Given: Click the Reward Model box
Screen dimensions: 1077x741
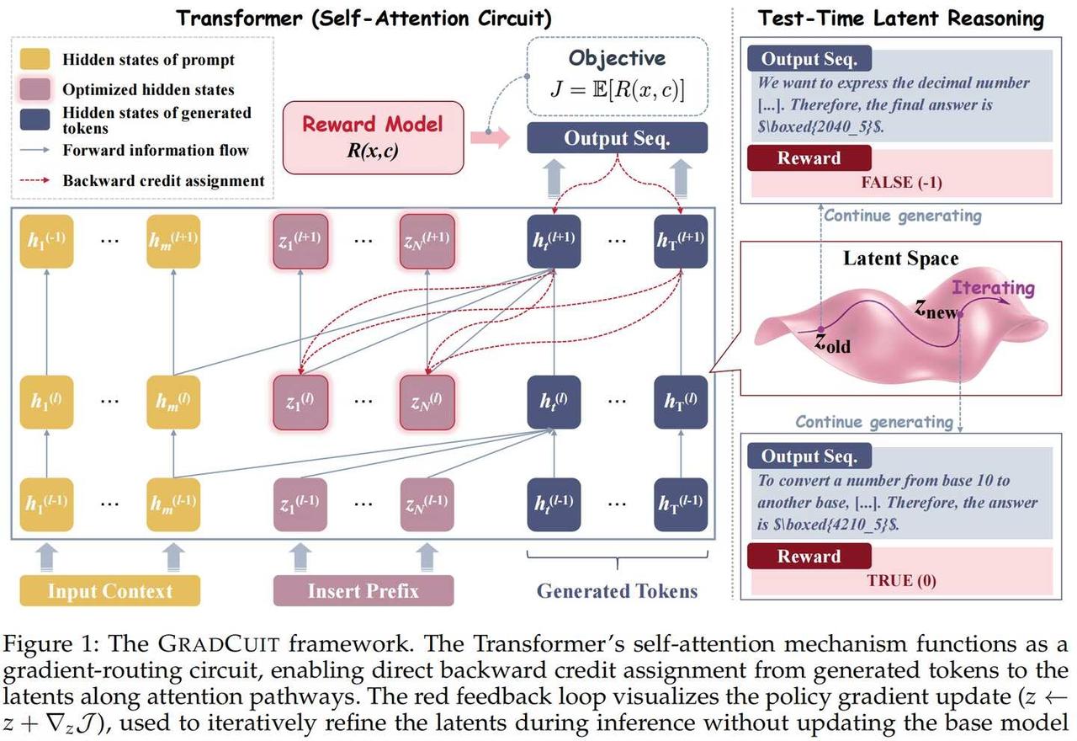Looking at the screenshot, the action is point(373,137).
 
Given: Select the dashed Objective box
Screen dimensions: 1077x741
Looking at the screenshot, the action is point(618,77).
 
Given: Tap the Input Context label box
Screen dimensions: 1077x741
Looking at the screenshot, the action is point(110,590).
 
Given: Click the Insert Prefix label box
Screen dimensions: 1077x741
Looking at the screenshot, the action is point(363,590).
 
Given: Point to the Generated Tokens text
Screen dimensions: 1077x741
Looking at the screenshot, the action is point(617,590).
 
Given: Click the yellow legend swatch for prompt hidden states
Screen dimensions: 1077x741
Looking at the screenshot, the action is point(34,59).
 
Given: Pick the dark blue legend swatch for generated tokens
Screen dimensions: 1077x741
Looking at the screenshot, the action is point(34,120).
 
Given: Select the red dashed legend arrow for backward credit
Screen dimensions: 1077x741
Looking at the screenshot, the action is point(34,180).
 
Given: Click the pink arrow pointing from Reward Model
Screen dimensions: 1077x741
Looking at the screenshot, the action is point(490,137).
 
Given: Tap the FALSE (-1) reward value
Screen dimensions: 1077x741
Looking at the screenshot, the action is point(901,183).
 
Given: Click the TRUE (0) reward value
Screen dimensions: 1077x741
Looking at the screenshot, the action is point(901,580).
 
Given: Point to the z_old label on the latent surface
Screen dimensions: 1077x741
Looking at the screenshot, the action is point(832,343).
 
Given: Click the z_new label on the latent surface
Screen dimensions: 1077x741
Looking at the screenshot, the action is point(936,309).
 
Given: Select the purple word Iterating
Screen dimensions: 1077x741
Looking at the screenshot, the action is point(994,288).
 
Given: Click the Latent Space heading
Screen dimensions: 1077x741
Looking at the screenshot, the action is point(901,259).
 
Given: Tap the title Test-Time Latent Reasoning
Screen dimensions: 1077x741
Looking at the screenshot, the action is point(901,19).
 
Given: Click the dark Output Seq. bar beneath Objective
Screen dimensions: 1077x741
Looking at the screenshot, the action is point(618,138).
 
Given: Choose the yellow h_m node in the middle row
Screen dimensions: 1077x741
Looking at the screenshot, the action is point(173,402).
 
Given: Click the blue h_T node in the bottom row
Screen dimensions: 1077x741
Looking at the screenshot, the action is point(681,504).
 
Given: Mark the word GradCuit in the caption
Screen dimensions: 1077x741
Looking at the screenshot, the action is point(219,643).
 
